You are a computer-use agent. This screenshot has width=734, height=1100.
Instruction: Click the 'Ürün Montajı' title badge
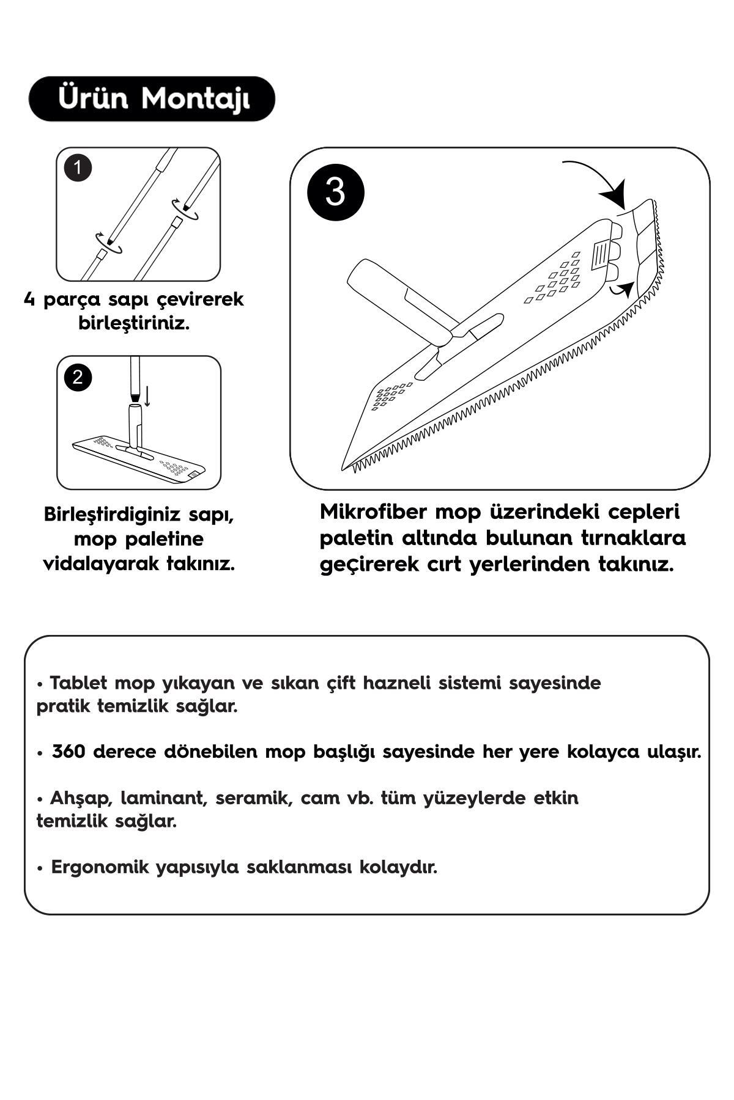(x=152, y=98)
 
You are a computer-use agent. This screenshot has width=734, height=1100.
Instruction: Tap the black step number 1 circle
(x=78, y=168)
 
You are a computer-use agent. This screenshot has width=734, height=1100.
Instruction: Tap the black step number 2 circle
(x=77, y=376)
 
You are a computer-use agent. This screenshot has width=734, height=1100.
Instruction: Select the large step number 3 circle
(x=335, y=191)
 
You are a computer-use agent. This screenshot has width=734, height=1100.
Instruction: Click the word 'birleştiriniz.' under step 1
(x=134, y=323)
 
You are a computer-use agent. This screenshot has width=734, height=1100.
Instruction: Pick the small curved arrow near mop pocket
(x=623, y=288)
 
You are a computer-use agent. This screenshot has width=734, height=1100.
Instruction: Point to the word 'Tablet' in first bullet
(x=78, y=683)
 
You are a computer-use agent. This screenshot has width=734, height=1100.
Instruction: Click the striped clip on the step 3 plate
(x=601, y=254)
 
